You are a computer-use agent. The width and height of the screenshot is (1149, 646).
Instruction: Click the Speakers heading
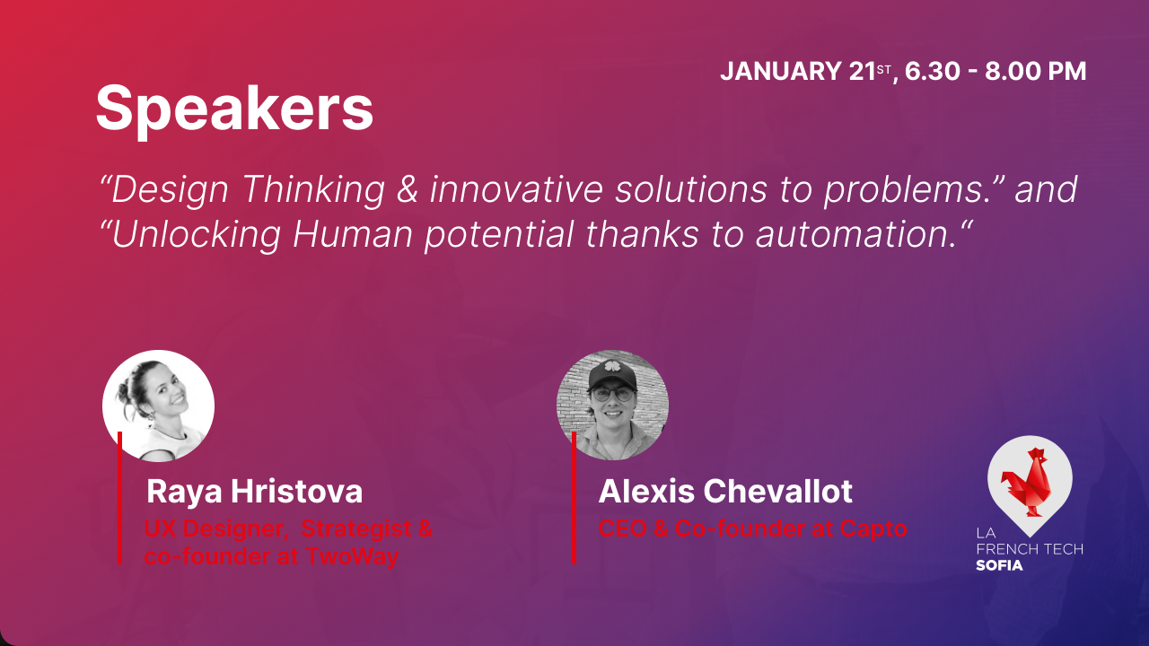pos(234,109)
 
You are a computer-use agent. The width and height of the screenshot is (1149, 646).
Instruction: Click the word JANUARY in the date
pos(782,72)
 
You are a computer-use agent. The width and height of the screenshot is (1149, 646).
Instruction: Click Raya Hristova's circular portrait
pos(158,406)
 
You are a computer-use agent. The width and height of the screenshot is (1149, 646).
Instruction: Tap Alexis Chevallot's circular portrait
pos(612,406)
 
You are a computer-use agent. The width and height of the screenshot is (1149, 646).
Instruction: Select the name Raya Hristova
pos(254,492)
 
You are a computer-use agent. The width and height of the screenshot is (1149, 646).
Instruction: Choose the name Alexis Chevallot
pos(725,492)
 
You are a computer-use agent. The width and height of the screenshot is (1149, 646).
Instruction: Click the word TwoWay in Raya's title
pos(352,556)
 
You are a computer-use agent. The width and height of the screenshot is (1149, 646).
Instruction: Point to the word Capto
pos(873,528)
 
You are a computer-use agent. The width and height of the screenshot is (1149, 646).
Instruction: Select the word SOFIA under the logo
pos(999,565)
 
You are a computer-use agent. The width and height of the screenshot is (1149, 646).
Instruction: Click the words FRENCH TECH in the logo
pos(1029,549)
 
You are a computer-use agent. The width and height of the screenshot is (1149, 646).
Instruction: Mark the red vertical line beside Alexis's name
pos(574,502)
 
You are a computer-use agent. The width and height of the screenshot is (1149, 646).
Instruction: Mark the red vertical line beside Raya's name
pos(119,502)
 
